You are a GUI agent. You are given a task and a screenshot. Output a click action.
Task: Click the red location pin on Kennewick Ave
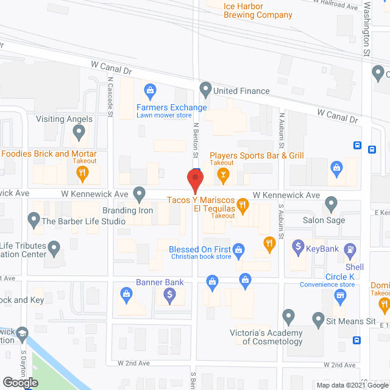(x=194, y=180)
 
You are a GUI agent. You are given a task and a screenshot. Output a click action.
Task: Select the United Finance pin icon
(x=205, y=90)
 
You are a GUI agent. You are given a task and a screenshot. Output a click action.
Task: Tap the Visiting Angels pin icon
(x=79, y=132)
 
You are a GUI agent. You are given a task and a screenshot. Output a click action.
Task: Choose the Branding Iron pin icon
(x=140, y=194)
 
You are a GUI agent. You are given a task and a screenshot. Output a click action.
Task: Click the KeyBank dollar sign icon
(x=298, y=247)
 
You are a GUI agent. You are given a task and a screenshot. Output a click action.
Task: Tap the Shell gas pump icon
(x=350, y=249)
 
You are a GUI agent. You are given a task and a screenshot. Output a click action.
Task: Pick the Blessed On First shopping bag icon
(x=239, y=249)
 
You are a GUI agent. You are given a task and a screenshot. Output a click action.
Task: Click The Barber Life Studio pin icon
(x=33, y=219)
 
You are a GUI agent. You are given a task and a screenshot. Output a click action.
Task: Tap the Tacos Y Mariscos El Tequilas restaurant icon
(x=243, y=205)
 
